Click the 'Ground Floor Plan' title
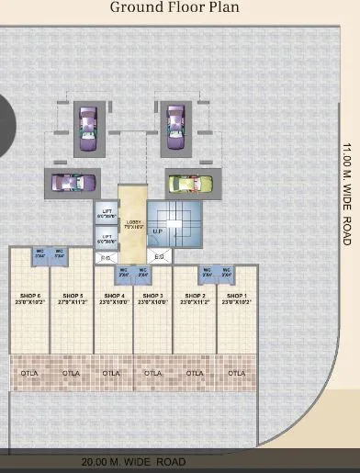tap(174, 8)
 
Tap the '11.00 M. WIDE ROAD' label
tap(346, 193)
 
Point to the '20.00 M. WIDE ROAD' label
tap(133, 462)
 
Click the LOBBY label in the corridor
tap(133, 223)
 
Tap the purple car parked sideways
tap(70, 183)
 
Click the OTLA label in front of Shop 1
tap(236, 373)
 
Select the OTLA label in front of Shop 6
tap(28, 373)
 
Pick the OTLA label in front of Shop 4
tap(111, 373)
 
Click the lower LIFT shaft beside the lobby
tap(106, 238)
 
